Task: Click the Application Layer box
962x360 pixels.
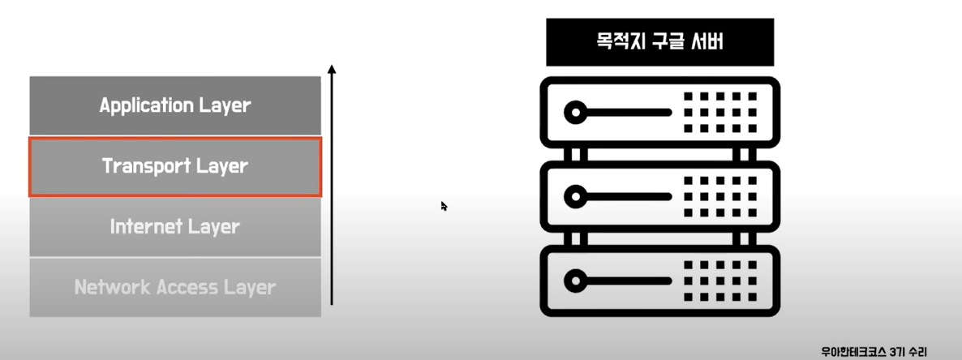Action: [175, 105]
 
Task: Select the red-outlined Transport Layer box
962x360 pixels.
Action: [175, 166]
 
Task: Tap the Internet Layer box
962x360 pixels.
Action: [175, 226]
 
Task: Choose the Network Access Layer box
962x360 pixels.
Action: [175, 287]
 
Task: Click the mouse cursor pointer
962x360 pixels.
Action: [444, 206]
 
